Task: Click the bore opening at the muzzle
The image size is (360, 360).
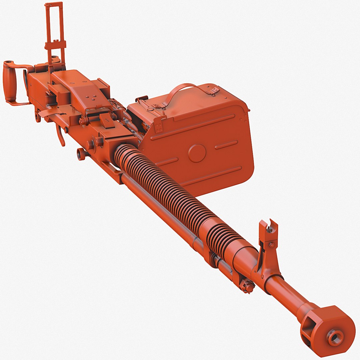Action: click(335, 337)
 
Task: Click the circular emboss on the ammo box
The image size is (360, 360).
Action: click(197, 153)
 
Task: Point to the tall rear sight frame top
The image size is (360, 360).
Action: click(54, 5)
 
